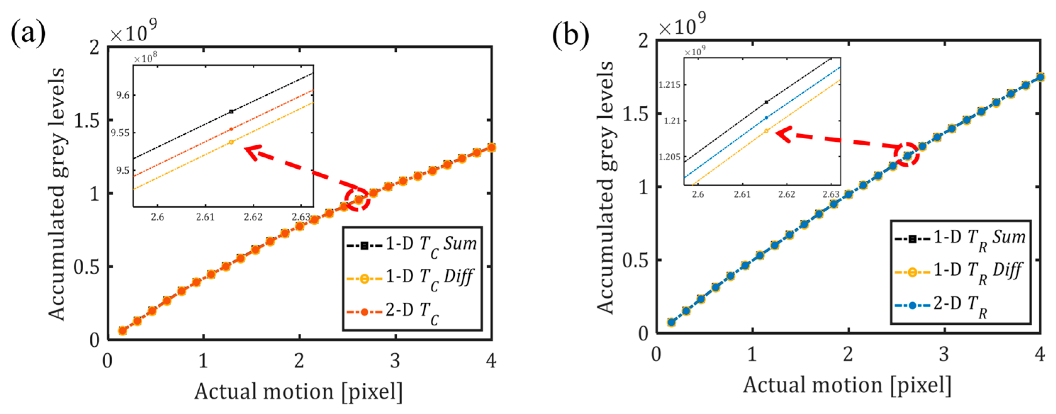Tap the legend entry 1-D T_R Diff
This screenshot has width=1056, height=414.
(x=959, y=272)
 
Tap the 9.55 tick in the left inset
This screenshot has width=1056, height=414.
(x=121, y=133)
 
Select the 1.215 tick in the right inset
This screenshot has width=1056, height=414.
(x=669, y=85)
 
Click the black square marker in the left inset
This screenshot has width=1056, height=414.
(x=231, y=112)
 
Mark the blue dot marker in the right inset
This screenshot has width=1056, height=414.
(x=766, y=118)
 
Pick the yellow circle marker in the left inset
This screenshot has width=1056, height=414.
(x=231, y=142)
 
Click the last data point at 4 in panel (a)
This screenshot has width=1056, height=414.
(x=491, y=147)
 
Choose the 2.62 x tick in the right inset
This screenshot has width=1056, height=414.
(x=786, y=194)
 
